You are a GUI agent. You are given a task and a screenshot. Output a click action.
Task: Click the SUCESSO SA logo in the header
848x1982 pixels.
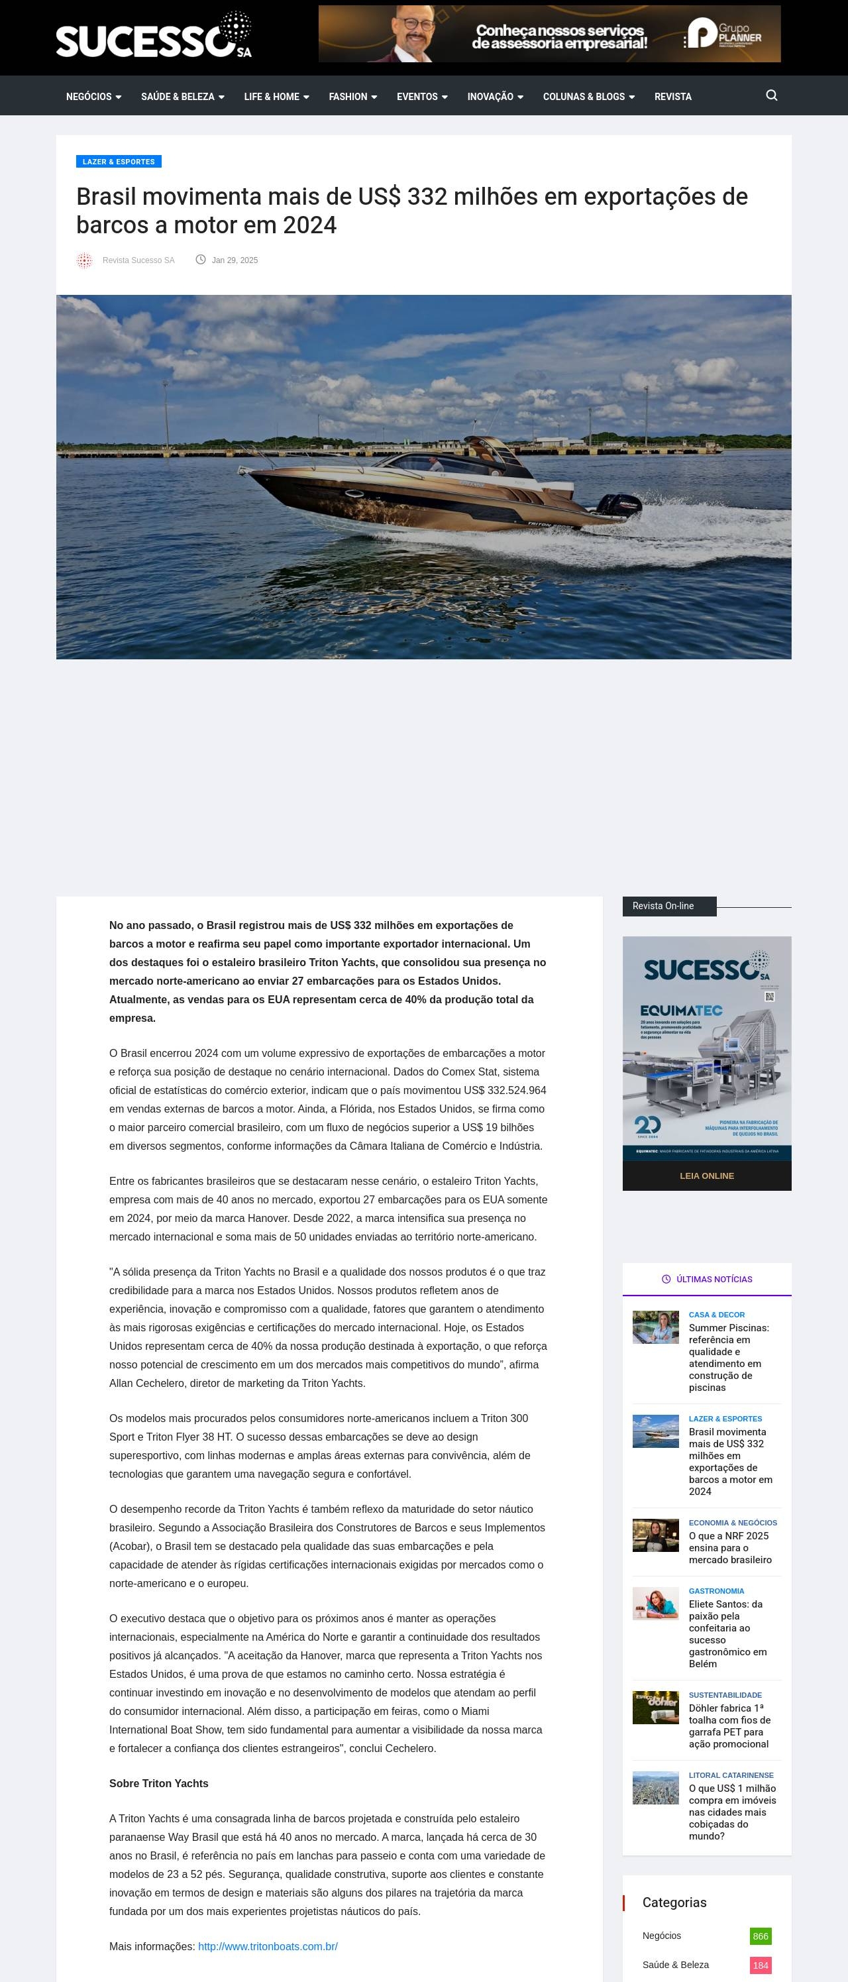(x=153, y=36)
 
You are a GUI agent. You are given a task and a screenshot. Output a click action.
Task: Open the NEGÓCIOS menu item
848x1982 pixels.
(x=93, y=97)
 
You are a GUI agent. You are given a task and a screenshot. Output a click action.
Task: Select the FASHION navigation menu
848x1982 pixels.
(x=352, y=97)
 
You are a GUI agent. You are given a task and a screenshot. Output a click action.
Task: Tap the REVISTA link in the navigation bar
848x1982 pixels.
(x=672, y=97)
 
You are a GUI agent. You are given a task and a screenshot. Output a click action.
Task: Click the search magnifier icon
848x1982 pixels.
(x=771, y=95)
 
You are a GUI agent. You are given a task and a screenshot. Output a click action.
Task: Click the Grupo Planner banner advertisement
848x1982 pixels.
(x=549, y=34)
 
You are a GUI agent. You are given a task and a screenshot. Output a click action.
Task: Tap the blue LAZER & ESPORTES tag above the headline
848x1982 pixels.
(x=119, y=162)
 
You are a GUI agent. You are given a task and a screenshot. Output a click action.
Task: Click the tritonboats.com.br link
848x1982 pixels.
(x=268, y=1947)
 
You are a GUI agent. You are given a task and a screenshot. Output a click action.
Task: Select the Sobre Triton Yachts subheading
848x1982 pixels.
(x=158, y=1783)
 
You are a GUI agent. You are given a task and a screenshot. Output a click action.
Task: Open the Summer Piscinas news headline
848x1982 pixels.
(x=728, y=1357)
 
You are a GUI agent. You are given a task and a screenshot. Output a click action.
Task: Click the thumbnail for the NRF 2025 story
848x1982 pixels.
(x=655, y=1535)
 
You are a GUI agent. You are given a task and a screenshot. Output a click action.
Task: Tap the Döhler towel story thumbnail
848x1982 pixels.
(x=655, y=1707)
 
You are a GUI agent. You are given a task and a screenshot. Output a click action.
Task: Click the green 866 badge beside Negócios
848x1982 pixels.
(x=759, y=1936)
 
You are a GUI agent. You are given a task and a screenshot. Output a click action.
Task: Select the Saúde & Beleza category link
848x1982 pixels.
(x=676, y=1964)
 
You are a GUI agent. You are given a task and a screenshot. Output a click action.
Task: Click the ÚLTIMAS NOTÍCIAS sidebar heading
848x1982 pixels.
(x=706, y=1279)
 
